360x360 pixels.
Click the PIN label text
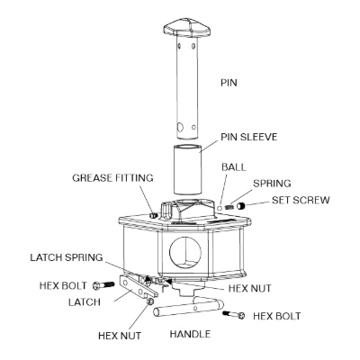[229, 83]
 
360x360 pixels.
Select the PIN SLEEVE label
[249, 137]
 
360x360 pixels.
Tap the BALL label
[234, 167]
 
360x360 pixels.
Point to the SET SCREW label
[301, 200]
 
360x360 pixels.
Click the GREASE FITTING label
[112, 178]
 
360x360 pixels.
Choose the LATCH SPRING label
[67, 257]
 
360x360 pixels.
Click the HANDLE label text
[190, 334]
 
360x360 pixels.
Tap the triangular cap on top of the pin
[187, 28]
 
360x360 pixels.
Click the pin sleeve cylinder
[187, 170]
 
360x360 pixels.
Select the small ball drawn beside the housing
[220, 208]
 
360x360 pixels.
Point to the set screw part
[240, 206]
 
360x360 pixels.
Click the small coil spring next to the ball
[229, 207]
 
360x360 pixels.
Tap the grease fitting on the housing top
[154, 215]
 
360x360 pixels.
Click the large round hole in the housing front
[185, 252]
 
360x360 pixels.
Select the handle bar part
[188, 307]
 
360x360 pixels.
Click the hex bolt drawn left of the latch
[103, 285]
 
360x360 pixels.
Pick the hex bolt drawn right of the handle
[234, 315]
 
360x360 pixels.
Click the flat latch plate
[138, 286]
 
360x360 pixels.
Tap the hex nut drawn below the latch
[150, 301]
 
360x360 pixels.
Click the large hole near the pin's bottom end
[180, 127]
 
